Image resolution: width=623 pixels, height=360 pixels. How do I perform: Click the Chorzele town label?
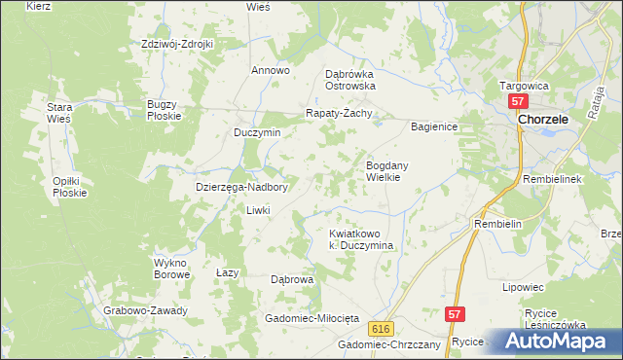[550, 119]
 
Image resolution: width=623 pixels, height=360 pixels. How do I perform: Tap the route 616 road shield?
[381, 329]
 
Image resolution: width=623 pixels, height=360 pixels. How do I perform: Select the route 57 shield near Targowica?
[518, 102]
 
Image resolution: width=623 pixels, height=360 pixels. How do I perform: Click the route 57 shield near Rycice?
[455, 314]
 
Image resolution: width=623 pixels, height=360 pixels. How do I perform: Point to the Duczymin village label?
[257, 132]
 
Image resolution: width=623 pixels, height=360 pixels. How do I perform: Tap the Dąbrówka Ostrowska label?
[349, 79]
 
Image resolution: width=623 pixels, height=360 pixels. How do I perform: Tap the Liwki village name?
[257, 210]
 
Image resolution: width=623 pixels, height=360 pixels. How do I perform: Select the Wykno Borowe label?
[171, 269]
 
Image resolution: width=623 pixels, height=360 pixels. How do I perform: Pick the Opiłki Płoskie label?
[70, 187]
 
